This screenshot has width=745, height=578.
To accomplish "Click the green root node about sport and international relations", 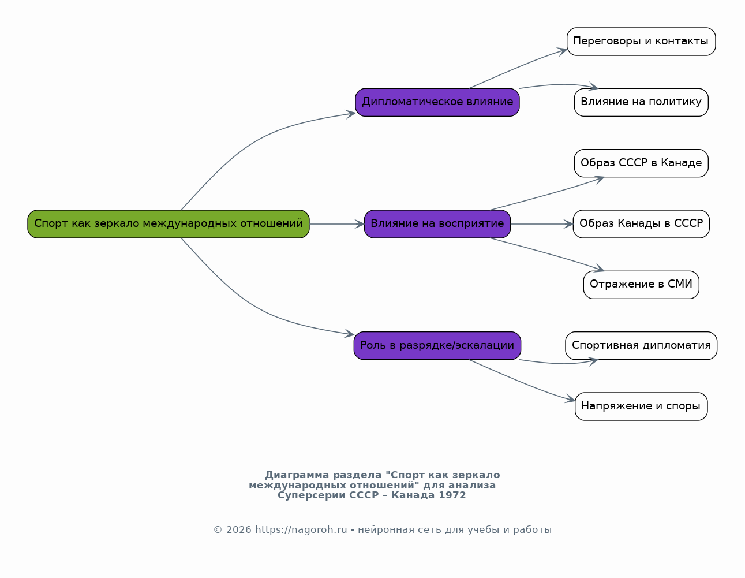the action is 169,224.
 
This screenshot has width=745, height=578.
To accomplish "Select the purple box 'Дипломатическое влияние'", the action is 437,102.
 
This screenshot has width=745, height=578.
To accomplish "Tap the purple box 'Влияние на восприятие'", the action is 437,224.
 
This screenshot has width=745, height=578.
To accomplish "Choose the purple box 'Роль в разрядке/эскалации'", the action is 437,345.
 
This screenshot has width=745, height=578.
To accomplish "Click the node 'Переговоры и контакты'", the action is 641,42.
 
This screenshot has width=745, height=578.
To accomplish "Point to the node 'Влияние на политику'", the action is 641,102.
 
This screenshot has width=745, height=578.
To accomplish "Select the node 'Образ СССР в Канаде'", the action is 641,163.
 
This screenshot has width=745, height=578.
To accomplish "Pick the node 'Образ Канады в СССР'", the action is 641,224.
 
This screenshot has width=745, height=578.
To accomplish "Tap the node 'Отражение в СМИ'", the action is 641,285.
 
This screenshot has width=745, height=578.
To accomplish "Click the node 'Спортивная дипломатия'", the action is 641,345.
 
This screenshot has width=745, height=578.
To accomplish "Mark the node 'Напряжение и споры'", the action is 641,407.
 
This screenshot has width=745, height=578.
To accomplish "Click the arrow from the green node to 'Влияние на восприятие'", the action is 336,225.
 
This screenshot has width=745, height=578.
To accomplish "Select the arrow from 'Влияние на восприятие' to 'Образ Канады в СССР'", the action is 542,225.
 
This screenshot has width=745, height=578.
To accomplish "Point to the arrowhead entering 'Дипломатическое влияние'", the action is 351,114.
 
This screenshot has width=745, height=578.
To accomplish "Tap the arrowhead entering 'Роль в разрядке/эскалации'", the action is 349,334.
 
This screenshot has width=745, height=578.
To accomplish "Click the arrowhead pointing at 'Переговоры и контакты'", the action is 562,51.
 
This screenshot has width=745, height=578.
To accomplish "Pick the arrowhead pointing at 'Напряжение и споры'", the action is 570,399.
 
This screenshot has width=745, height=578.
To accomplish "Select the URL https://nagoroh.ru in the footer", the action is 301,530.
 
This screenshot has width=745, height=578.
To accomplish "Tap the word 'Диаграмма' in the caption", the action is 297,475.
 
